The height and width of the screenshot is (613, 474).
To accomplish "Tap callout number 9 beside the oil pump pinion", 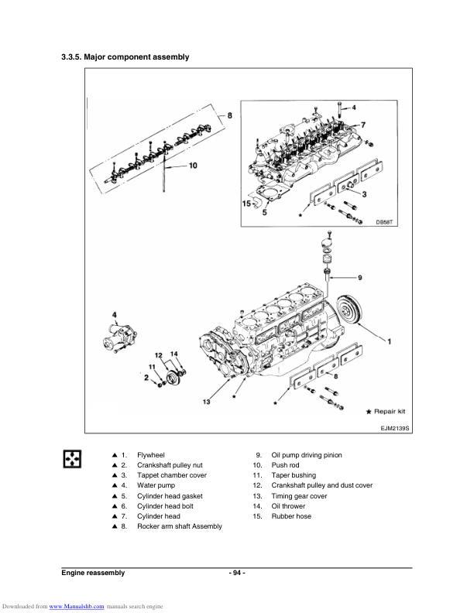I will tap(359, 276).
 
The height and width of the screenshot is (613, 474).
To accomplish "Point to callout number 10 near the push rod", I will tap(193, 165).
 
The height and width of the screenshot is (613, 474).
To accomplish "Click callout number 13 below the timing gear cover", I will tap(207, 402).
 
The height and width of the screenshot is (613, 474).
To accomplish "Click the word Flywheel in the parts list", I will tap(150, 455).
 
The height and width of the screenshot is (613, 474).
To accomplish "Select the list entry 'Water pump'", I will tap(156, 485).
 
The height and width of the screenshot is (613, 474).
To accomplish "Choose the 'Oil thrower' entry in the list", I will tap(288, 505).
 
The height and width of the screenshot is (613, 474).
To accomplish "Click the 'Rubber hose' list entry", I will tap(290, 516).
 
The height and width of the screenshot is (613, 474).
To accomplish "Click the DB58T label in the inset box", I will tap(385, 221).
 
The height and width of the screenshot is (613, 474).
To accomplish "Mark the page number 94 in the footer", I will tap(237, 573).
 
